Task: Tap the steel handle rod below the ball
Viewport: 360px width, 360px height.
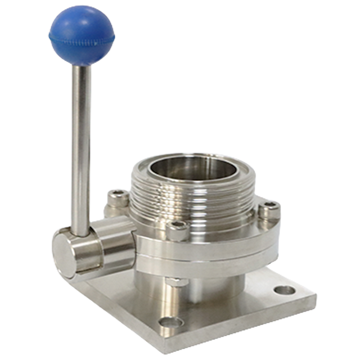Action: pos(80,141)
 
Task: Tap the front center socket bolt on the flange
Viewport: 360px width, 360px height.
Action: pos(178,229)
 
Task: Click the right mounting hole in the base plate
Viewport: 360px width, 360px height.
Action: pos(285,290)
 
